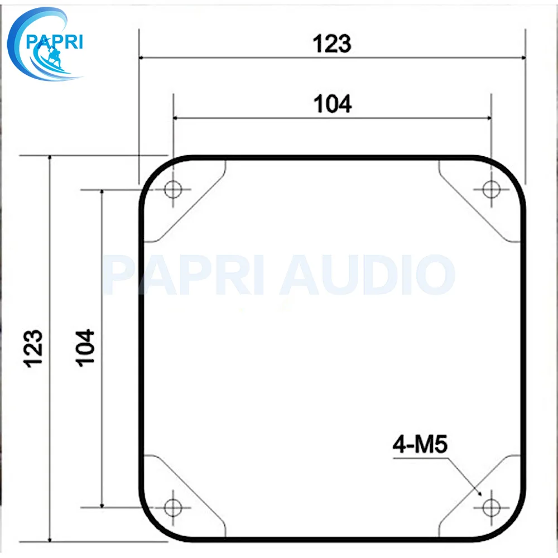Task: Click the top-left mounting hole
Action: click(x=174, y=189)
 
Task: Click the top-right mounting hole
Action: click(x=491, y=189)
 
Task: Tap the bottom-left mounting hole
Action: click(x=174, y=507)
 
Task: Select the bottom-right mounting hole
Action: click(x=491, y=507)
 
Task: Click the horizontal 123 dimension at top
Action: click(x=332, y=44)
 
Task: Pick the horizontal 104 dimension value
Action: click(x=333, y=104)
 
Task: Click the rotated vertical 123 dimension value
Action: click(x=34, y=348)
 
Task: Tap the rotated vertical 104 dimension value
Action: click(x=86, y=347)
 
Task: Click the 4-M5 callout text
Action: click(x=421, y=445)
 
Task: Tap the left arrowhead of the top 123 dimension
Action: click(x=142, y=57)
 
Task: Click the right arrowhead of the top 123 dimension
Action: click(x=522, y=57)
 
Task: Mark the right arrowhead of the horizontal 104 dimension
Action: click(x=488, y=118)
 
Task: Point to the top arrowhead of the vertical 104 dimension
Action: click(x=102, y=193)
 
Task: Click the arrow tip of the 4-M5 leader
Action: click(x=481, y=494)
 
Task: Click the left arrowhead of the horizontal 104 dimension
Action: click(x=177, y=118)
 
